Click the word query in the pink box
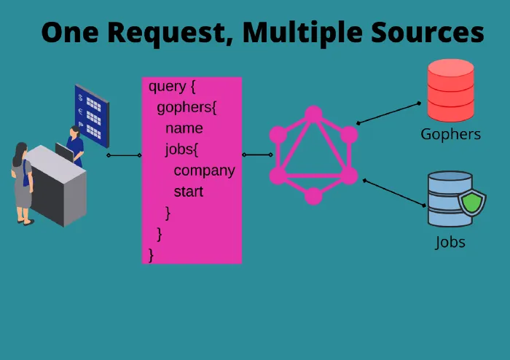[167, 87]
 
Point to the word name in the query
[184, 129]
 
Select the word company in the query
[204, 171]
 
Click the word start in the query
[188, 192]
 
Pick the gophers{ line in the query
[187, 108]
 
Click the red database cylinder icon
[451, 90]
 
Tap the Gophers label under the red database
[450, 134]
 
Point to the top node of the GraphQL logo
[313, 114]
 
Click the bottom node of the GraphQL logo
[313, 196]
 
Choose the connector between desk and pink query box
[124, 155]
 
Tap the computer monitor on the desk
[64, 152]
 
